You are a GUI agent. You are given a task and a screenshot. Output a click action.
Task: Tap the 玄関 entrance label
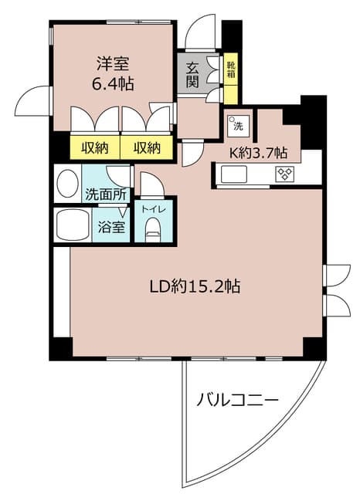coord(192,73)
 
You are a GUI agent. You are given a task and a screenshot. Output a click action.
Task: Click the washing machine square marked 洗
coord(236,123)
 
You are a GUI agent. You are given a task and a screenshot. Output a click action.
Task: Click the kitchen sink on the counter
coord(234,174)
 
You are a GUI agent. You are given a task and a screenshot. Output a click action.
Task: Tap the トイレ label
coord(154,207)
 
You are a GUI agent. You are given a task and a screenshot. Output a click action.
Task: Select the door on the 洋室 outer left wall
coord(35,100)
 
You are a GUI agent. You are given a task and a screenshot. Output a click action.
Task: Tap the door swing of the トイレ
coord(150,184)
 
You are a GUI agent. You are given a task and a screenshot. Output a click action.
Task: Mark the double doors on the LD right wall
coord(336,289)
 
